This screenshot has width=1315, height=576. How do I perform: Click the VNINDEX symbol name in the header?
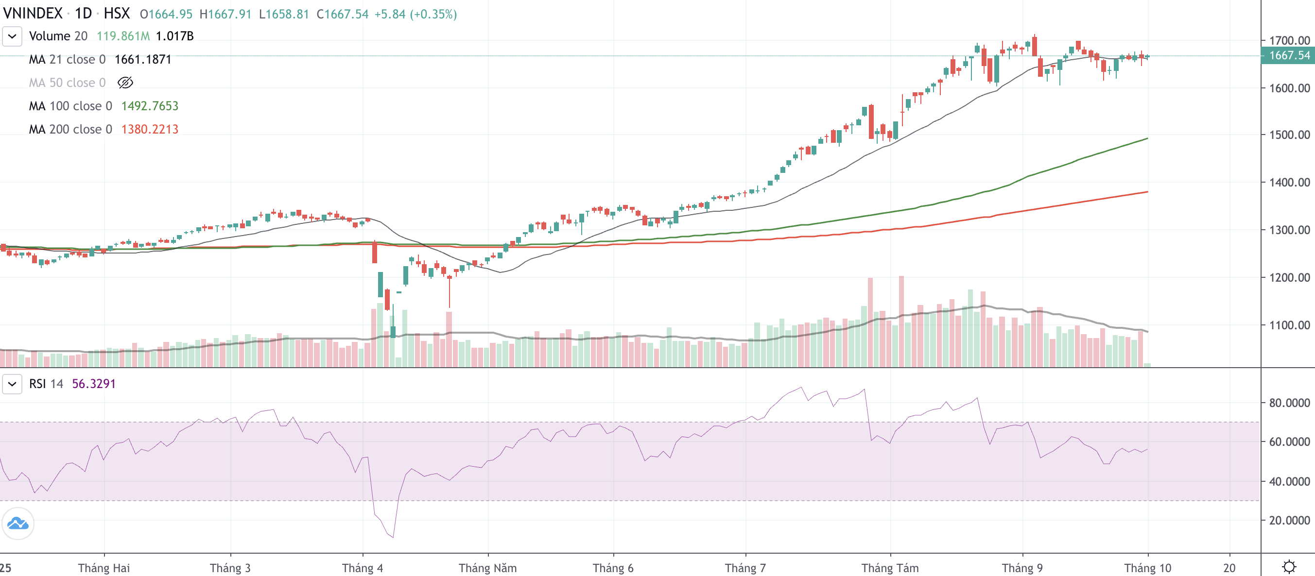tap(33, 13)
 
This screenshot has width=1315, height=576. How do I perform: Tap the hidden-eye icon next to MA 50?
tap(125, 83)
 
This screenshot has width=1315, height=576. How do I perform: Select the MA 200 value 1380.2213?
tap(150, 130)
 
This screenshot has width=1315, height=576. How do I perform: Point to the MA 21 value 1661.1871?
tap(143, 60)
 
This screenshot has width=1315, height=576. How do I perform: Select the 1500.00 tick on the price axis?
tap(1289, 135)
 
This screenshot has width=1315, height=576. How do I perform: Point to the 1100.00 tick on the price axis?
tap(1289, 325)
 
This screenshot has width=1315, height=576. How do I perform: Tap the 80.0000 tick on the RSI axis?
tap(1289, 403)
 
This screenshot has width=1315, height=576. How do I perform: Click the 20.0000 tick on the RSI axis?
tap(1289, 520)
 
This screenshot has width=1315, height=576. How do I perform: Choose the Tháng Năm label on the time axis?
tap(487, 568)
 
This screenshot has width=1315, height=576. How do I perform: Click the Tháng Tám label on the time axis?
tap(890, 568)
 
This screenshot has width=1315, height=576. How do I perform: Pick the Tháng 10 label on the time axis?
tap(1147, 568)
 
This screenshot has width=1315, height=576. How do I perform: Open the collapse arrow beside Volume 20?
tap(12, 36)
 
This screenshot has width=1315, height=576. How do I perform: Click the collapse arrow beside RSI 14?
tap(12, 384)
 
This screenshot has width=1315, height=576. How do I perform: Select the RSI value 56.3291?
tap(94, 384)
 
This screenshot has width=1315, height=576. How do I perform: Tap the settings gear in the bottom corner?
tap(1289, 567)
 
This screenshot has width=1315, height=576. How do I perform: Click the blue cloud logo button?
tap(18, 524)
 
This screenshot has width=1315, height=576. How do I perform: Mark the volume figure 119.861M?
tap(123, 36)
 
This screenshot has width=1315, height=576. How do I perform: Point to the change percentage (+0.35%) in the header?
tap(434, 14)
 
